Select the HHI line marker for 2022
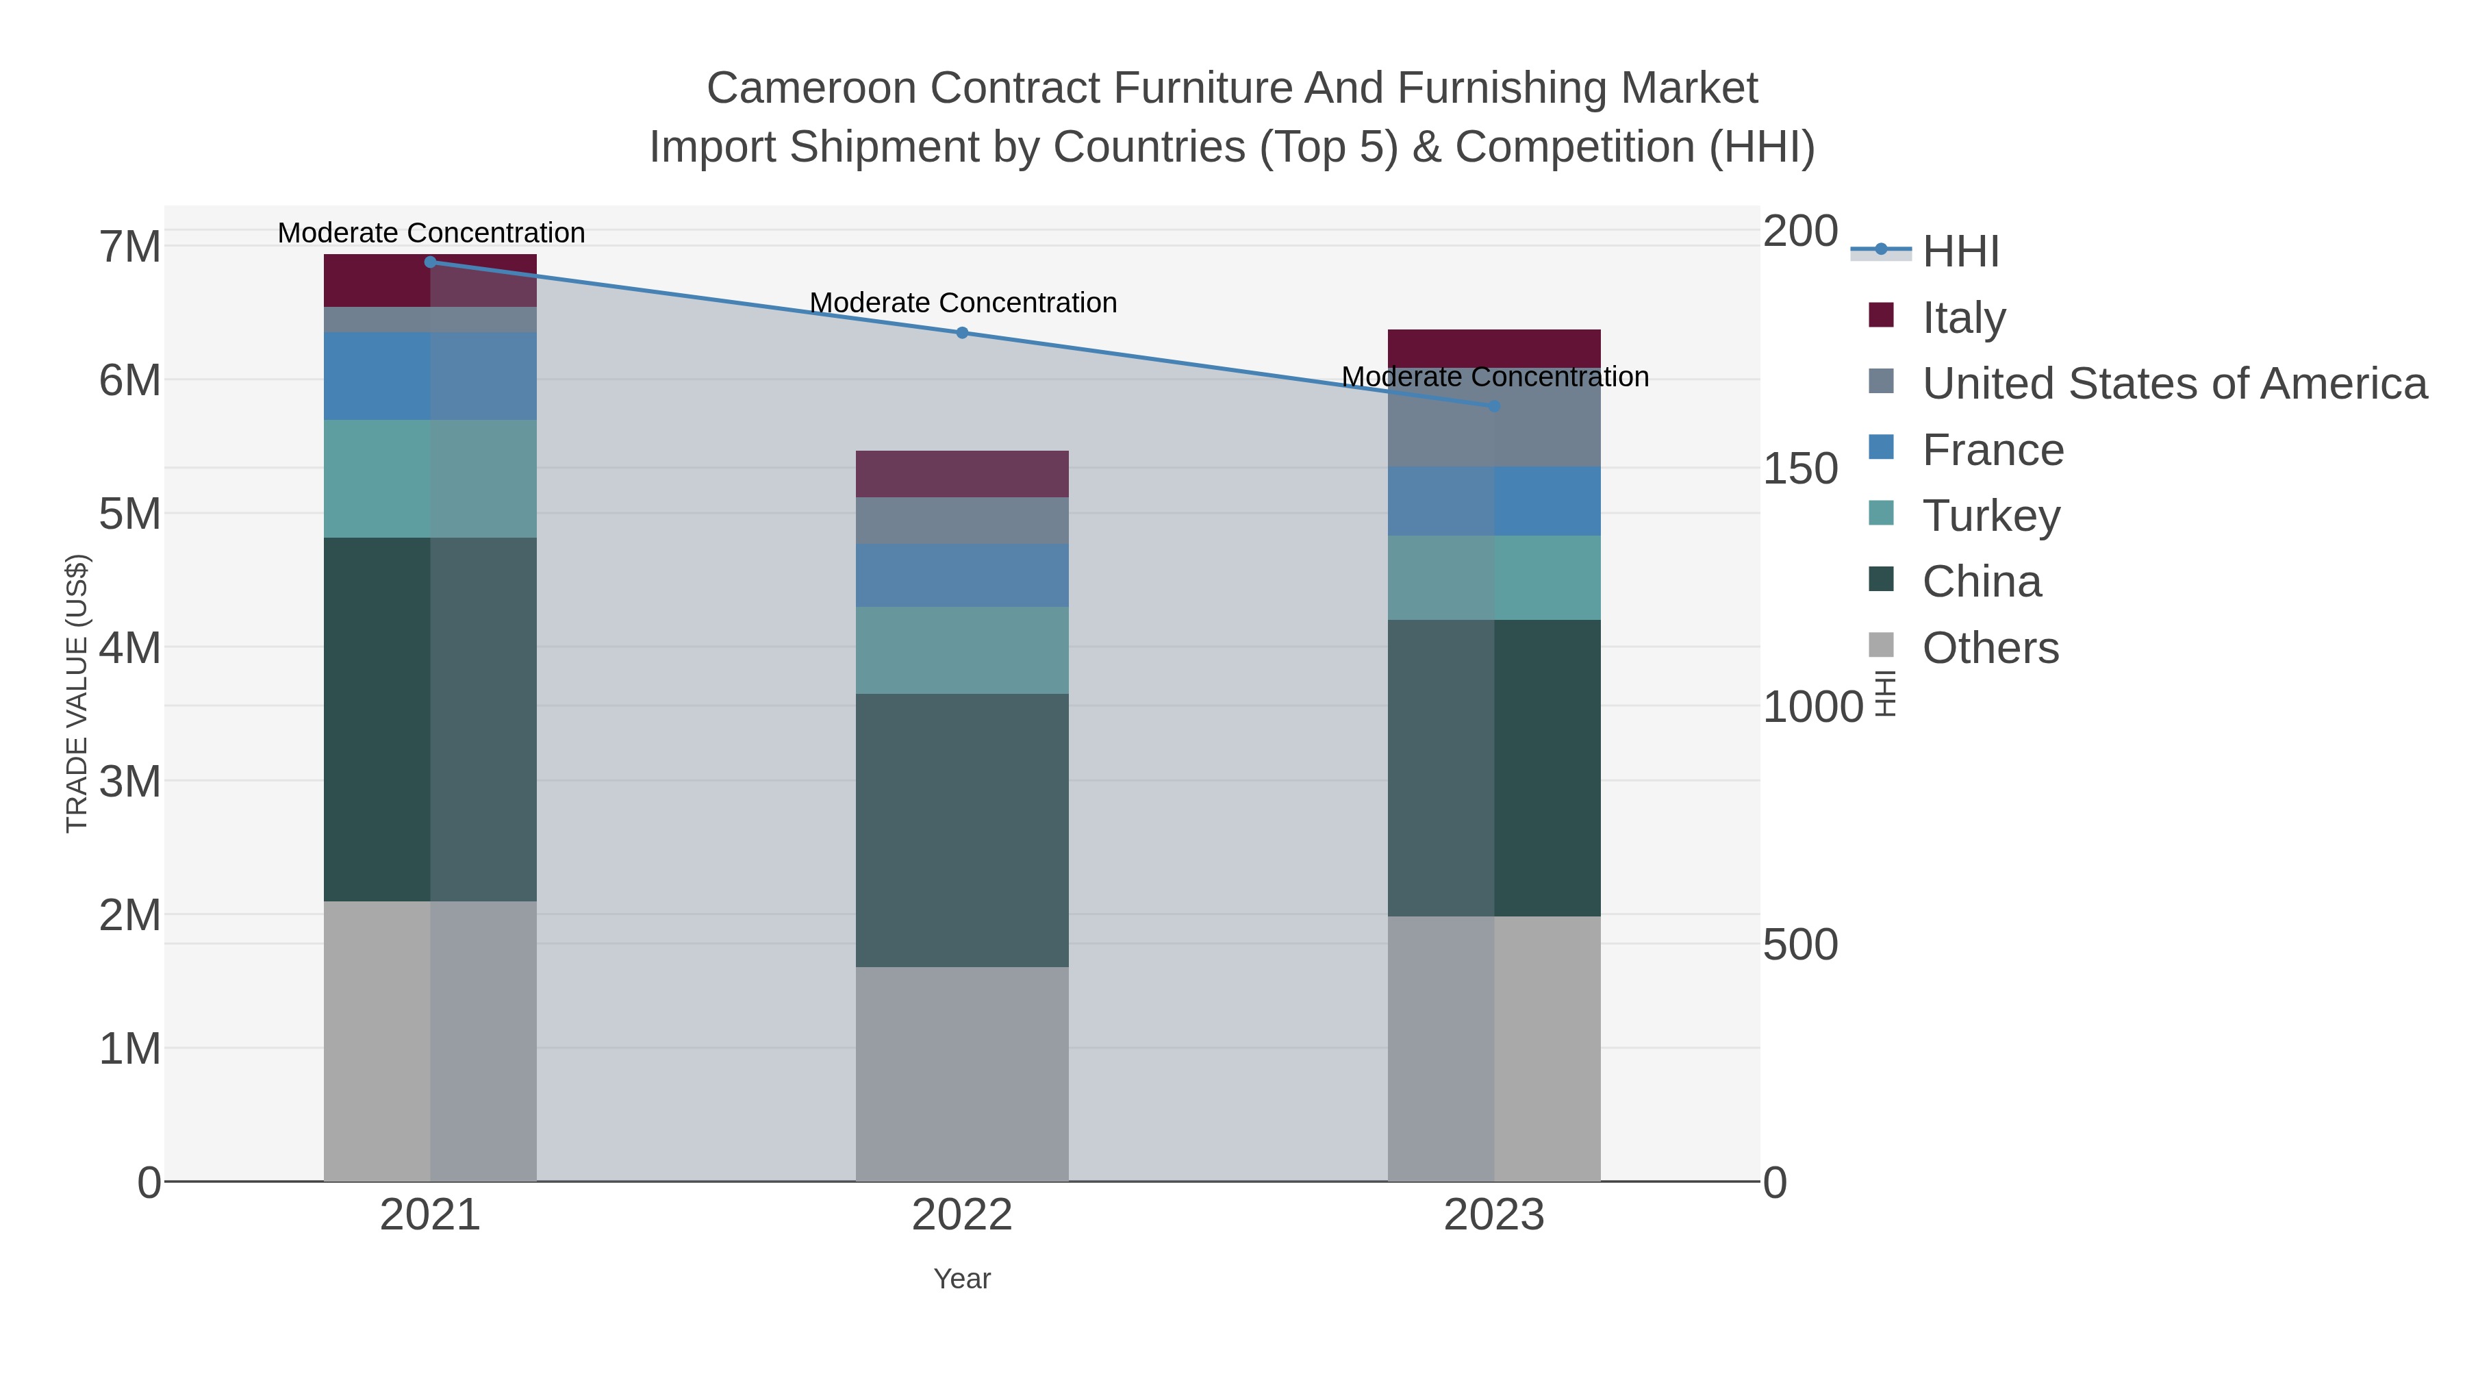pos(962,333)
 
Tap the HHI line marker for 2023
pos(1494,407)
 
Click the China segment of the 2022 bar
pos(962,830)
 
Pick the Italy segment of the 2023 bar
pos(1494,349)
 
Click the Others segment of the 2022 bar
pos(962,1074)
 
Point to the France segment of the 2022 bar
pos(962,575)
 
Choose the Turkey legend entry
pos(1990,516)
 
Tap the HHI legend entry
pos(1960,252)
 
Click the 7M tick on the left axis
pos(130,248)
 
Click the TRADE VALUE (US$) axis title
pos(77,693)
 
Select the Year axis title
pos(962,1279)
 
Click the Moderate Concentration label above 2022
pos(963,303)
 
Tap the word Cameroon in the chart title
pos(811,88)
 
